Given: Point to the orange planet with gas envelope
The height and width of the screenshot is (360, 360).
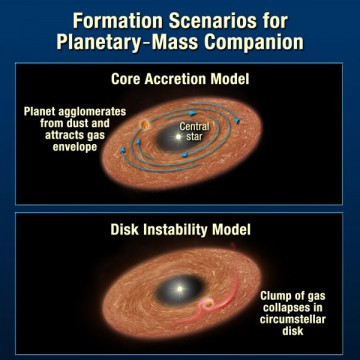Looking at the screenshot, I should coord(145,124).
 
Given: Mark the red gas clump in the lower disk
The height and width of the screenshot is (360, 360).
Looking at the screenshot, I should coord(210,305).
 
